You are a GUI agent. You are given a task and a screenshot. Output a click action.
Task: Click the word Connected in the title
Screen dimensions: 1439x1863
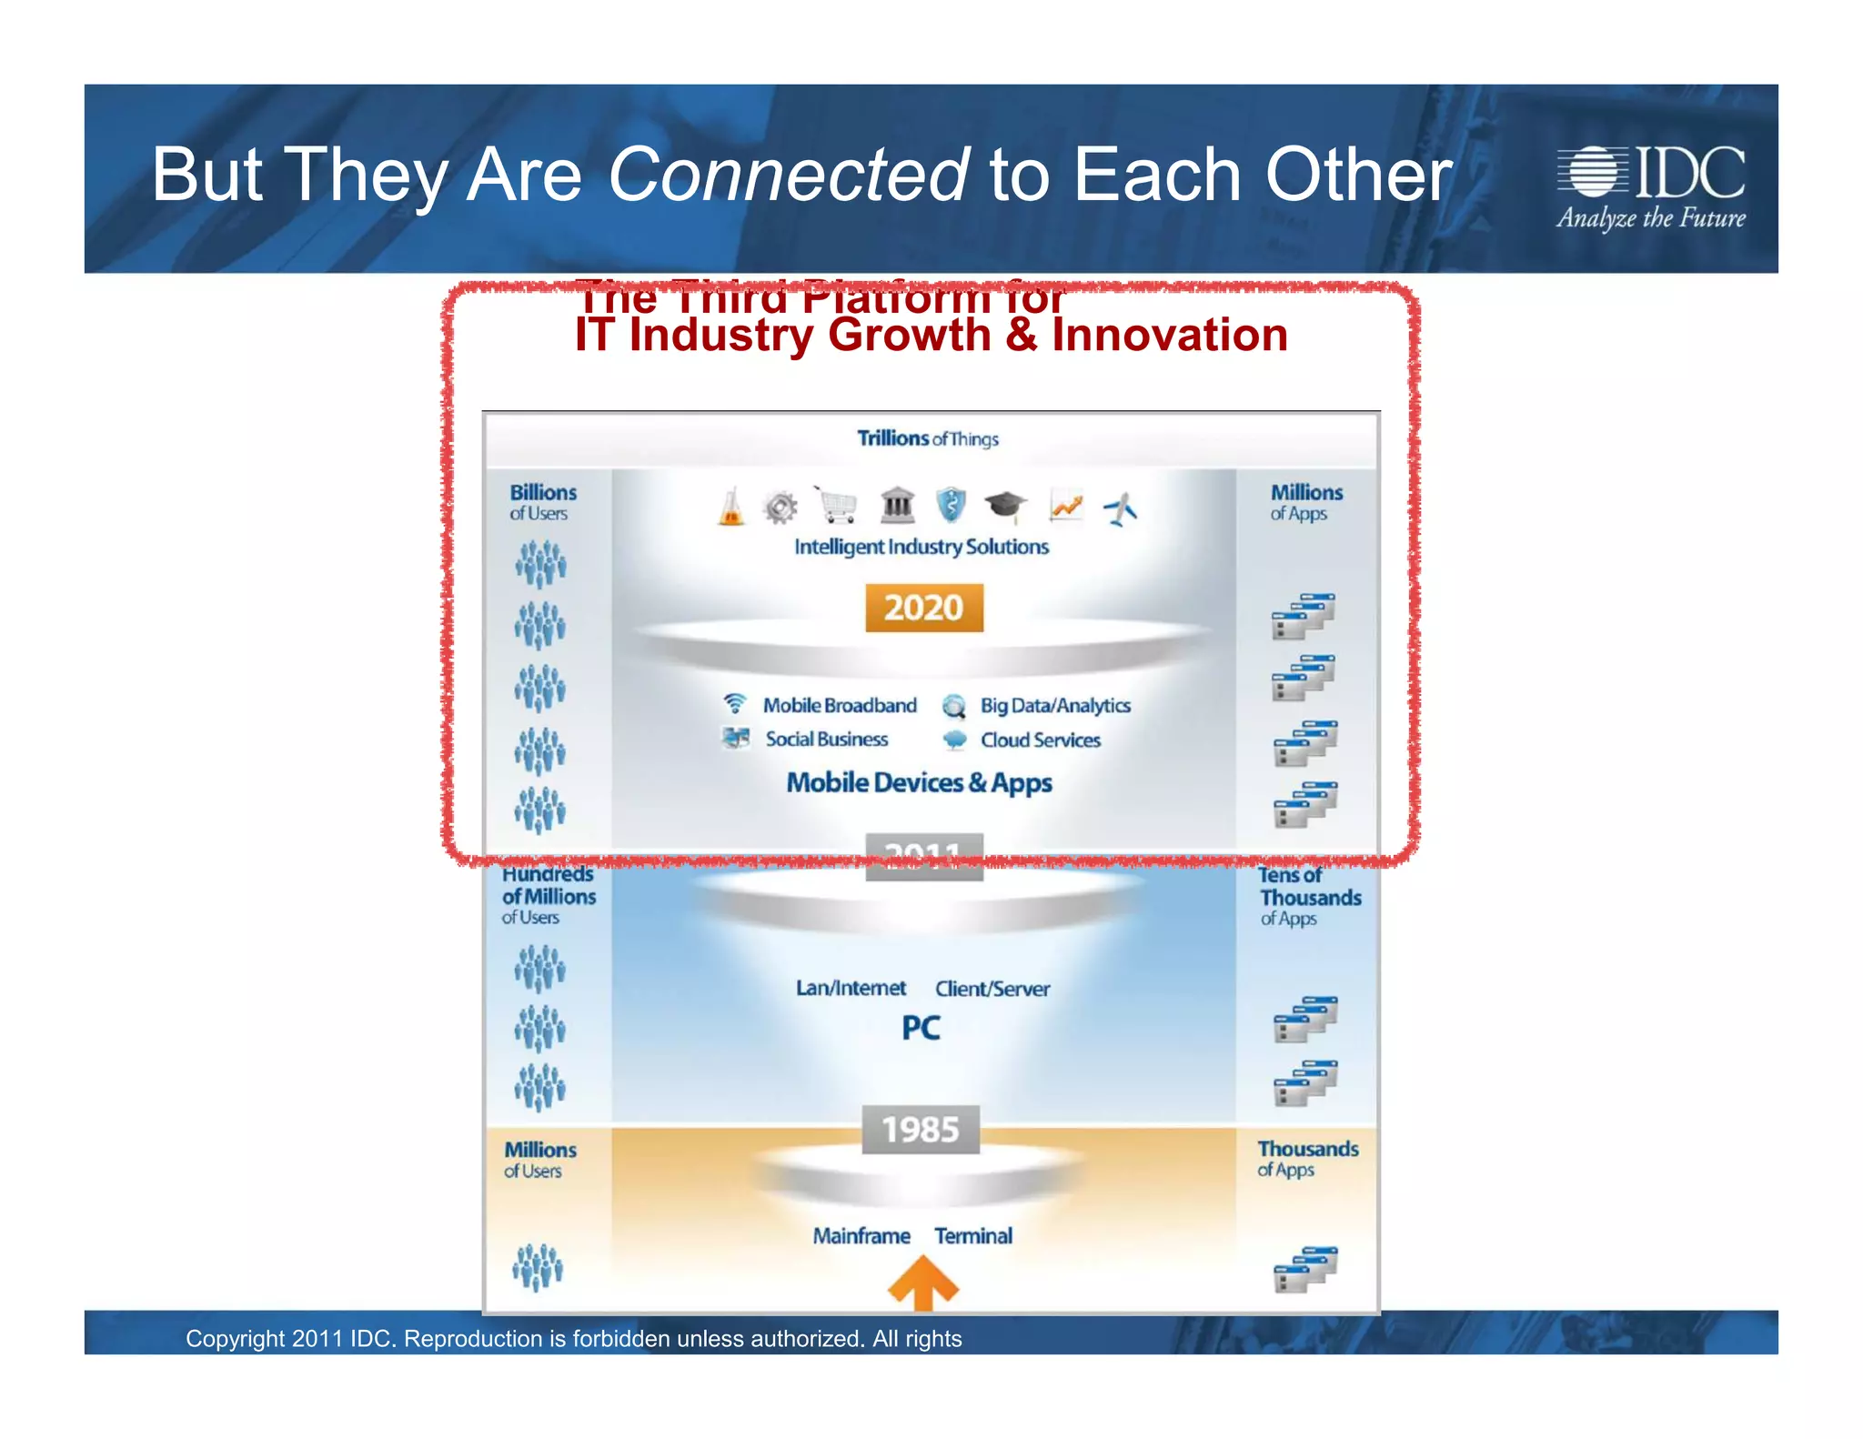pyautogui.click(x=788, y=175)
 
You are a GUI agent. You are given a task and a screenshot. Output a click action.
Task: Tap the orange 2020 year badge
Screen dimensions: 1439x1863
pyautogui.click(x=923, y=608)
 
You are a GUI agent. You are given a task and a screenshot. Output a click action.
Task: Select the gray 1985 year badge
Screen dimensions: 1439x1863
pyautogui.click(x=921, y=1130)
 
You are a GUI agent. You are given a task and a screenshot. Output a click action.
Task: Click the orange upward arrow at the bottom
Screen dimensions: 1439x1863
pyautogui.click(x=923, y=1283)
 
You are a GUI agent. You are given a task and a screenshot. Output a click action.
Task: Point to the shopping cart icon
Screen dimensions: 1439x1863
pyautogui.click(x=838, y=504)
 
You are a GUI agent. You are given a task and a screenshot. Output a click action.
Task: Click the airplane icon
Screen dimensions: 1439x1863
pyautogui.click(x=1121, y=507)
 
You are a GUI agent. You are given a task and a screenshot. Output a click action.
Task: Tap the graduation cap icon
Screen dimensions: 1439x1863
pyautogui.click(x=1005, y=506)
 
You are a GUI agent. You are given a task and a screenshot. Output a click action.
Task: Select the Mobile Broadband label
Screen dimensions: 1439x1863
pyautogui.click(x=840, y=705)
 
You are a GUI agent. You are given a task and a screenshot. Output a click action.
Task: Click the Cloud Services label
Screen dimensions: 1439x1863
pyautogui.click(x=1040, y=740)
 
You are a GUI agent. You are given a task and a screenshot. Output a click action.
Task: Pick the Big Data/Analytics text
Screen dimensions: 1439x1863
pyautogui.click(x=1055, y=705)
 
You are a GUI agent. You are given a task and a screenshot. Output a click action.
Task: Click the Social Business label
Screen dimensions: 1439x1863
pyautogui.click(x=826, y=739)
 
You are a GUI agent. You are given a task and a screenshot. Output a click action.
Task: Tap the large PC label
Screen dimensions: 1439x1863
pyautogui.click(x=921, y=1028)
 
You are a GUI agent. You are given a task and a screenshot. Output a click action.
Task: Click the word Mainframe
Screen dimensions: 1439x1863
pyautogui.click(x=861, y=1235)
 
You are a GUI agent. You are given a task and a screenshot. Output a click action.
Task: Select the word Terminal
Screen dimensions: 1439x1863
pyautogui.click(x=973, y=1235)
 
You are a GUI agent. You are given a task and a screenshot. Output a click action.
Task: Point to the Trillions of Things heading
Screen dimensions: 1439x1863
pyautogui.click(x=927, y=438)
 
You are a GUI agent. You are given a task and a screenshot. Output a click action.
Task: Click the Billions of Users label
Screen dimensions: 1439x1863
pyautogui.click(x=542, y=501)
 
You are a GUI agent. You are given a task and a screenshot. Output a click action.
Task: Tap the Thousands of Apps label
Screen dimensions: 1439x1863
pyautogui.click(x=1307, y=1158)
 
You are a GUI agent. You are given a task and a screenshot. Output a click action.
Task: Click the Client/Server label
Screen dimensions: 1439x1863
pyautogui.click(x=992, y=988)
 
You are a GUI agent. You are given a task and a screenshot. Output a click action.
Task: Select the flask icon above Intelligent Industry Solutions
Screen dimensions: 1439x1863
pyautogui.click(x=730, y=506)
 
